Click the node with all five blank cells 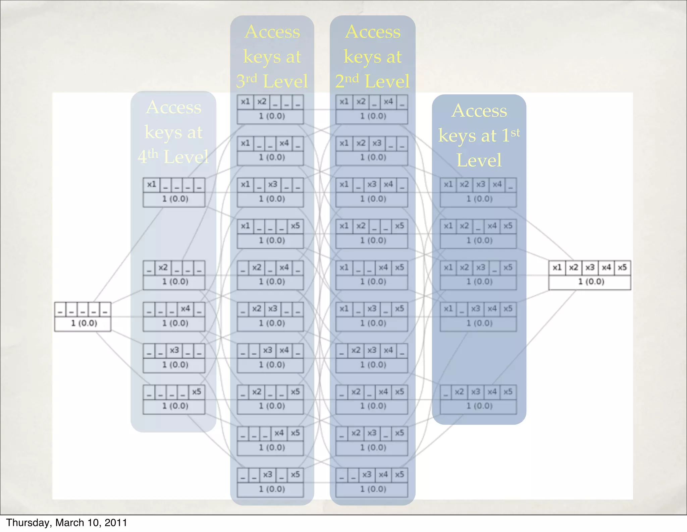83,316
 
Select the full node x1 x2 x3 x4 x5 589,275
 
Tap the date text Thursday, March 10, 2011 66,523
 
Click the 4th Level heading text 173,132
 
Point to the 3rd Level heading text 272,56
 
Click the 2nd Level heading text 372,56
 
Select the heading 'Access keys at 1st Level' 479,135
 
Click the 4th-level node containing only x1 174,192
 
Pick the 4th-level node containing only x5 174,399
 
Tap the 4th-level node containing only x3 174,358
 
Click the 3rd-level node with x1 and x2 270,109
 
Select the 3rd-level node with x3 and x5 270,482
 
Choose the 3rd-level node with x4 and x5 270,441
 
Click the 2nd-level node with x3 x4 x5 372,482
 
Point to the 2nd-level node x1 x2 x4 372,109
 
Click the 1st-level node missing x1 478,399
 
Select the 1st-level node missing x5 478,192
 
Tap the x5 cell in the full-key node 622,268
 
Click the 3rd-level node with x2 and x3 270,316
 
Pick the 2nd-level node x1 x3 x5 372,316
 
